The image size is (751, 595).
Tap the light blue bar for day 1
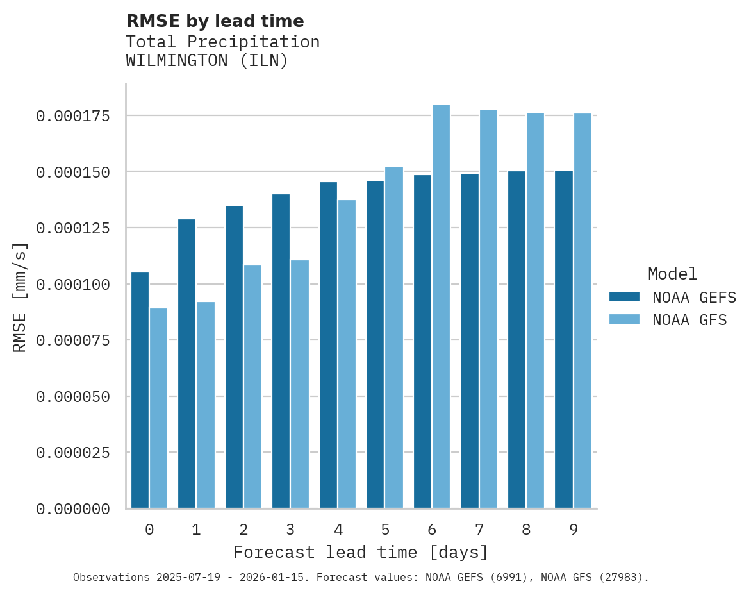coord(206,405)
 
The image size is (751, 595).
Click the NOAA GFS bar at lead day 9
coord(582,310)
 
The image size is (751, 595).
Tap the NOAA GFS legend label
coord(689,320)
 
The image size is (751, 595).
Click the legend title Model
coord(672,274)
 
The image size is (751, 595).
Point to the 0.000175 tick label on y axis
coord(72,116)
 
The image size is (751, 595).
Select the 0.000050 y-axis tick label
coord(72,397)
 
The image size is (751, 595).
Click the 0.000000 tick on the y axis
coord(72,509)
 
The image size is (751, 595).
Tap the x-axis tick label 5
coord(384,530)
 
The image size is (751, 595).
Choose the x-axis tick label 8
coord(526,530)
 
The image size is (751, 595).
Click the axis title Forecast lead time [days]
coord(361,553)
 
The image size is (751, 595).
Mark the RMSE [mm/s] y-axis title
coord(20,297)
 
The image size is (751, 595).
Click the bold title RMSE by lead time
coord(215,21)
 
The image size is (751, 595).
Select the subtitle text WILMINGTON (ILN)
coord(207,61)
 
